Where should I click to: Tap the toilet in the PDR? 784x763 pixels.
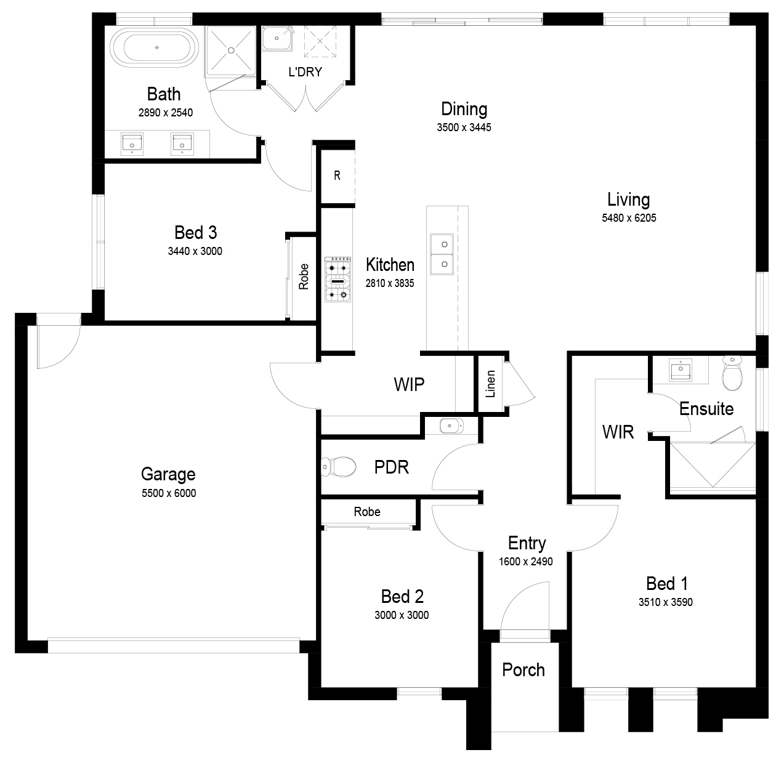(x=339, y=467)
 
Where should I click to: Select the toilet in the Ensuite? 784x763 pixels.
(x=732, y=373)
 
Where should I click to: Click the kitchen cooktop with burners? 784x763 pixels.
(x=337, y=279)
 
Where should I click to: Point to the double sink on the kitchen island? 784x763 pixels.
(x=442, y=254)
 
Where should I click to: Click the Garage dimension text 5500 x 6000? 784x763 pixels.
(x=169, y=493)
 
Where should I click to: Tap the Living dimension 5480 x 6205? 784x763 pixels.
(x=629, y=218)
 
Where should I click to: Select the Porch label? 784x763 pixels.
(x=523, y=670)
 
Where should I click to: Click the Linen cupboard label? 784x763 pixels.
(x=490, y=384)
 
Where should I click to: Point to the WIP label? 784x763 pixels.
(x=409, y=385)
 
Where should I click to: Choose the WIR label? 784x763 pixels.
(x=618, y=432)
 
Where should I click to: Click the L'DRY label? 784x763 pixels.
(x=305, y=72)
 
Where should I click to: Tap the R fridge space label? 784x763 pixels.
(x=337, y=176)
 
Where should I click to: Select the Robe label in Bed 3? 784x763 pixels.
(x=304, y=277)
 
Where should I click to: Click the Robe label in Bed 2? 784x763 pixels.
(x=367, y=512)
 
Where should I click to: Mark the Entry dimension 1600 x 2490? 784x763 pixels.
(x=525, y=562)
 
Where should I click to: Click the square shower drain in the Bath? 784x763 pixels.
(x=231, y=50)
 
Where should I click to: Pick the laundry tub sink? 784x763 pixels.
(x=277, y=38)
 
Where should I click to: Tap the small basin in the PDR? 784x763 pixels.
(x=451, y=426)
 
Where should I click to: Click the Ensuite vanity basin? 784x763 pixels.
(x=681, y=369)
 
